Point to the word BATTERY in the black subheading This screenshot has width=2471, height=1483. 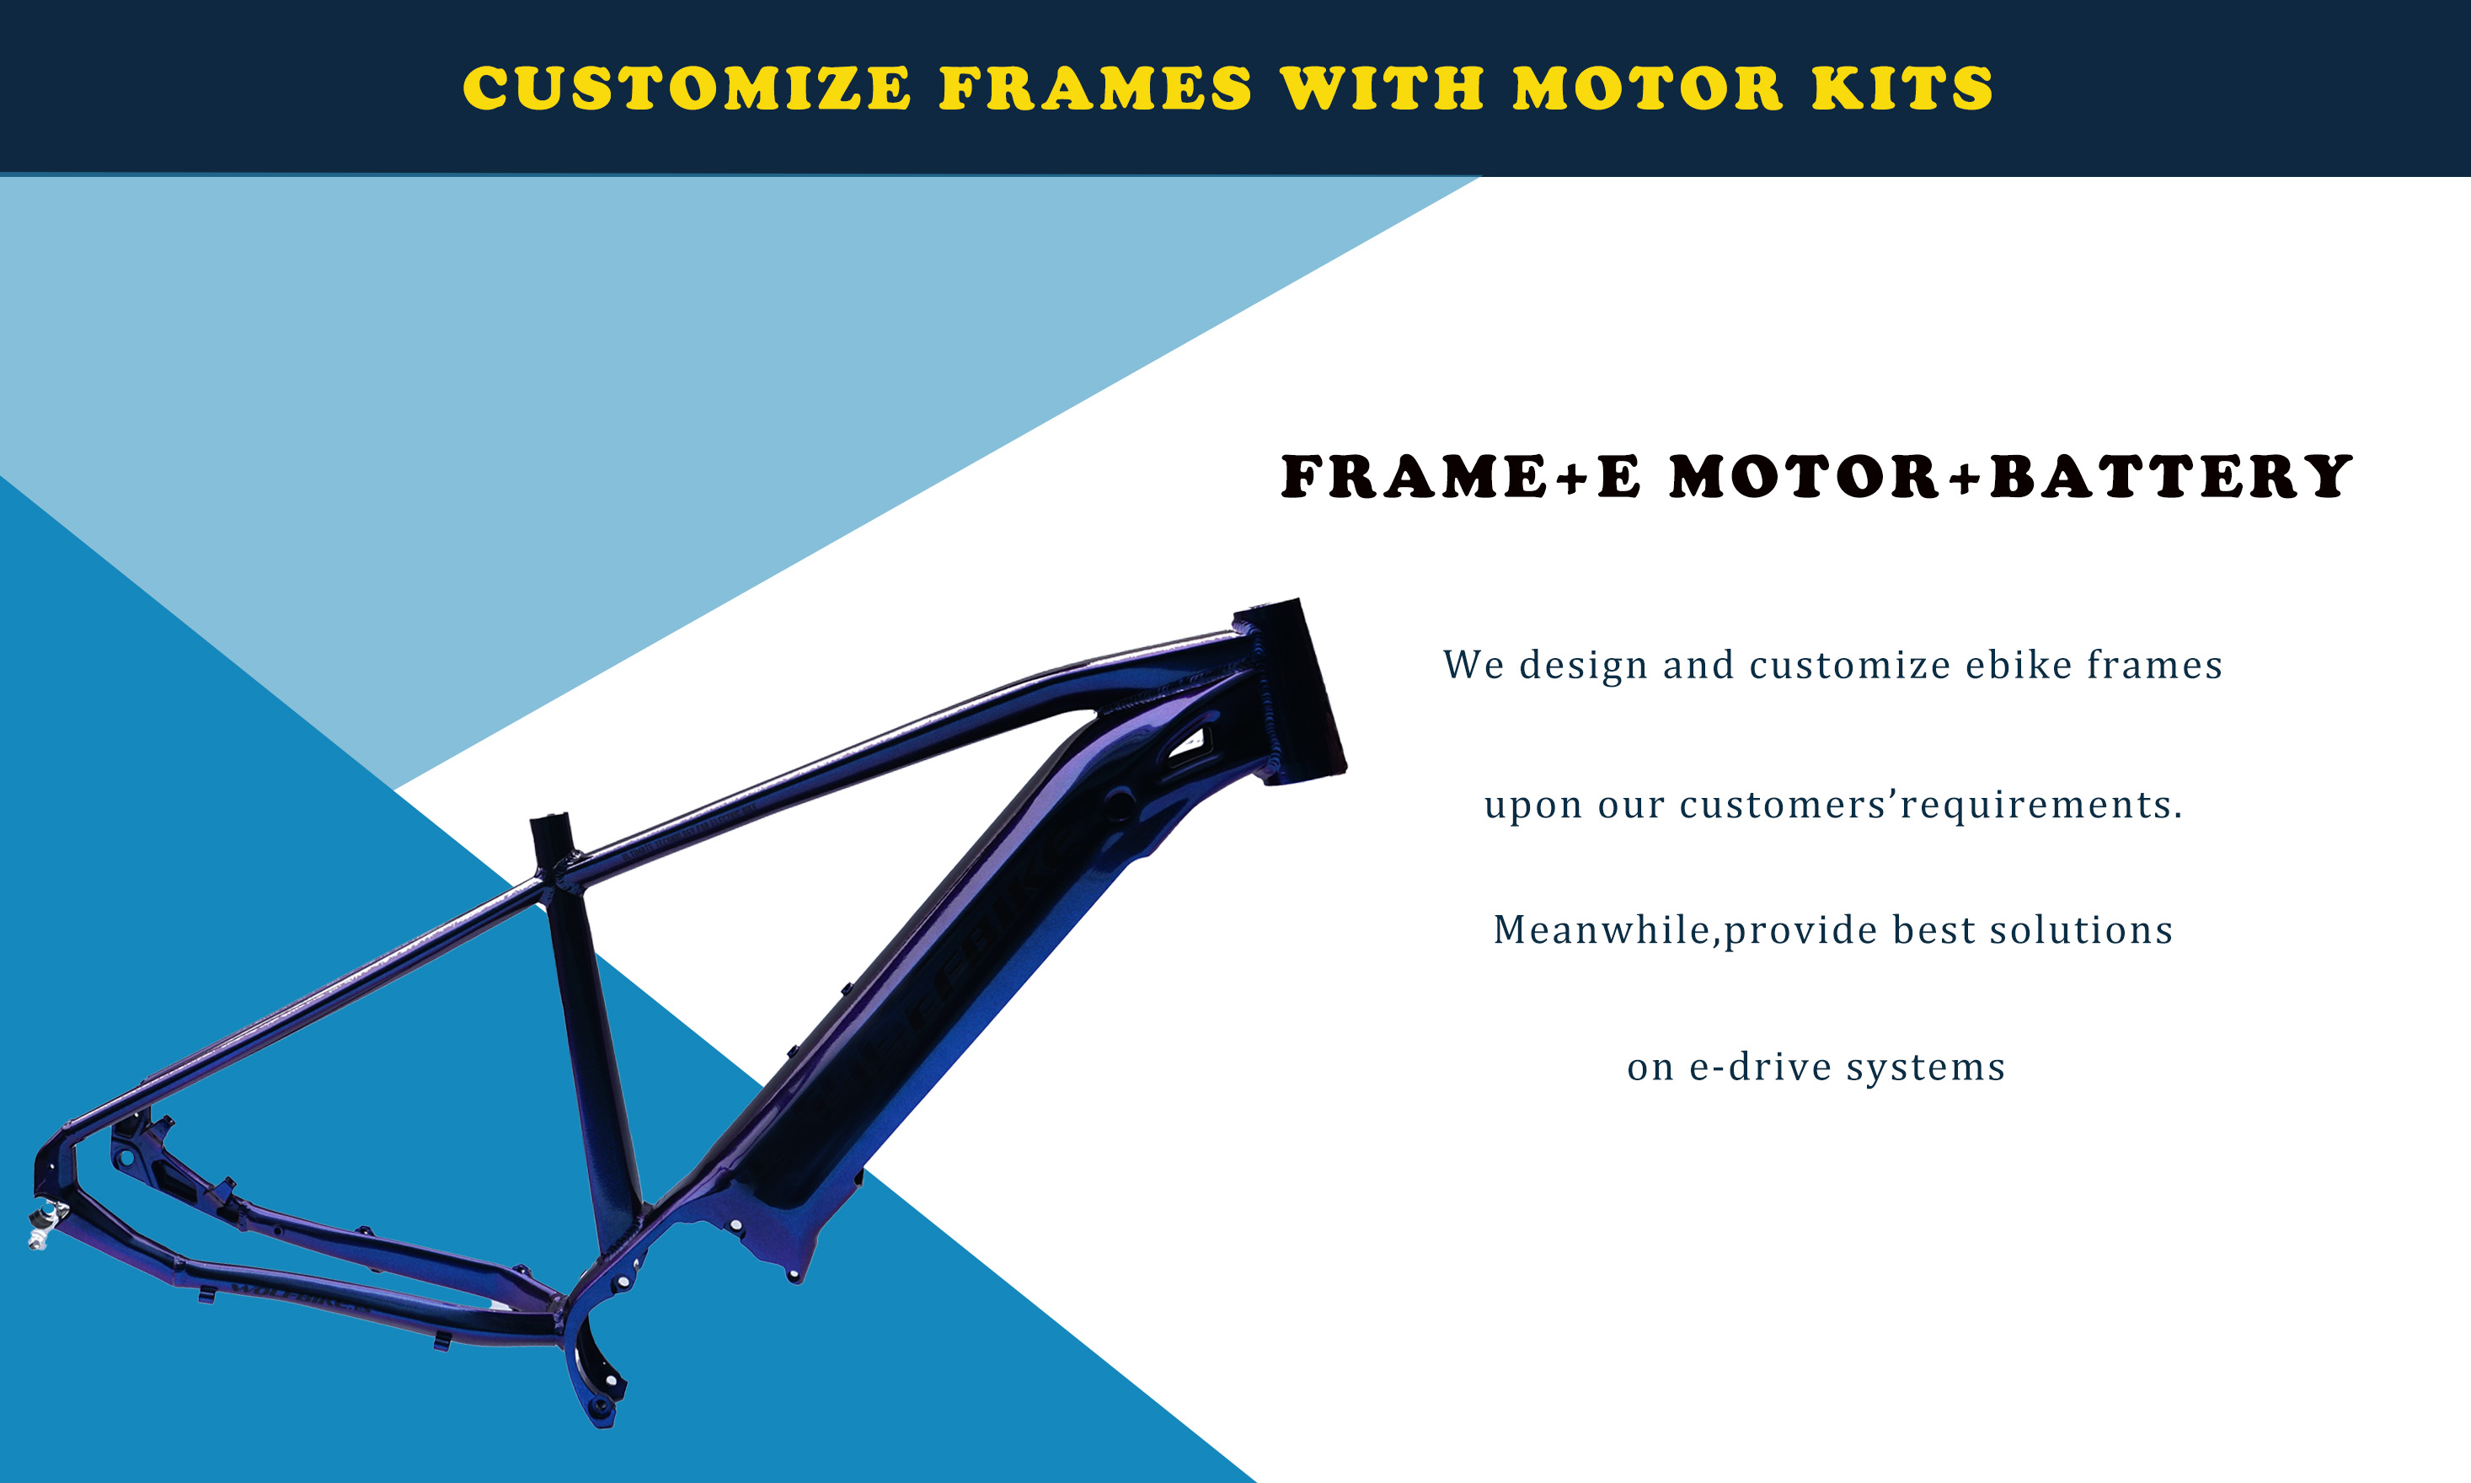(2171, 476)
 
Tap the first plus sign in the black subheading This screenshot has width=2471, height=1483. (1572, 478)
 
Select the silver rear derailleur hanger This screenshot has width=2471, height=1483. (45, 1225)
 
